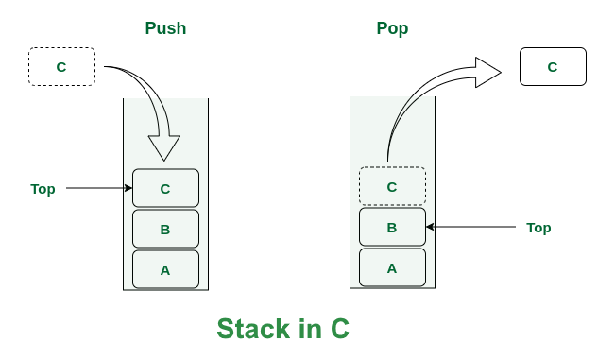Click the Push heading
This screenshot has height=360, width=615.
tap(165, 28)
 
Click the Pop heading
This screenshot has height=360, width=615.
tap(392, 28)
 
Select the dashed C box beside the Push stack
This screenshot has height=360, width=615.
tap(61, 67)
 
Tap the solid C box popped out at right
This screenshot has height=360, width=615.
tap(553, 67)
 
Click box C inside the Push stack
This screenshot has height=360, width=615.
tap(165, 188)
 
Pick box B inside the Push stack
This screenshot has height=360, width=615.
tap(165, 229)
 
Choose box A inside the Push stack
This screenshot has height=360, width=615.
tap(165, 269)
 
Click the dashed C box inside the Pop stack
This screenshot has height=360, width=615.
tap(392, 186)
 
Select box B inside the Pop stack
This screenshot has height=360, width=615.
tap(392, 227)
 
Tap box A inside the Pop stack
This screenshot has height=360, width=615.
tap(392, 267)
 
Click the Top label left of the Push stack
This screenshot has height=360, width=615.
tap(43, 189)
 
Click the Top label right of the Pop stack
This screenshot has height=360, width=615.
tap(538, 228)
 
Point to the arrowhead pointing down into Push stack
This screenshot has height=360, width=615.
tap(164, 147)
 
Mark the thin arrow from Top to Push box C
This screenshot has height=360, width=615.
tap(99, 188)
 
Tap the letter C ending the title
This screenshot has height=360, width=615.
tap(339, 329)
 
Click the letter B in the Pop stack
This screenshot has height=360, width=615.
tap(392, 227)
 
